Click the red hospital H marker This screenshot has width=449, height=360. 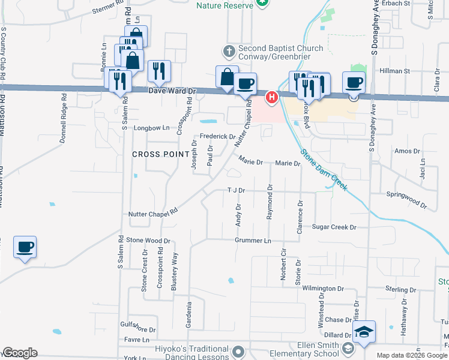[272, 97]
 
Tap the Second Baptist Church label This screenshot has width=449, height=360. [280, 52]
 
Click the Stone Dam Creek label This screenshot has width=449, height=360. [324, 170]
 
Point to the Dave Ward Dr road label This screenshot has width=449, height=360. [172, 91]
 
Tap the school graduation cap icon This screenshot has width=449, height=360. [364, 332]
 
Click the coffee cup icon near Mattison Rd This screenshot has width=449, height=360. [25, 247]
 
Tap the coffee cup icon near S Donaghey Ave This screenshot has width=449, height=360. [354, 82]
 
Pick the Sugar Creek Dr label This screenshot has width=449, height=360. [334, 227]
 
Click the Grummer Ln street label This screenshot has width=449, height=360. [253, 241]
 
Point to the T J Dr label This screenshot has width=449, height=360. [236, 190]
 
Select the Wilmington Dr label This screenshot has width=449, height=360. [322, 289]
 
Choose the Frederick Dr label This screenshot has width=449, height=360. [217, 137]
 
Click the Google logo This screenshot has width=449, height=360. [20, 353]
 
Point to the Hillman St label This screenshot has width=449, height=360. [393, 71]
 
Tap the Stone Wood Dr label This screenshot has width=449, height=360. [144, 240]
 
